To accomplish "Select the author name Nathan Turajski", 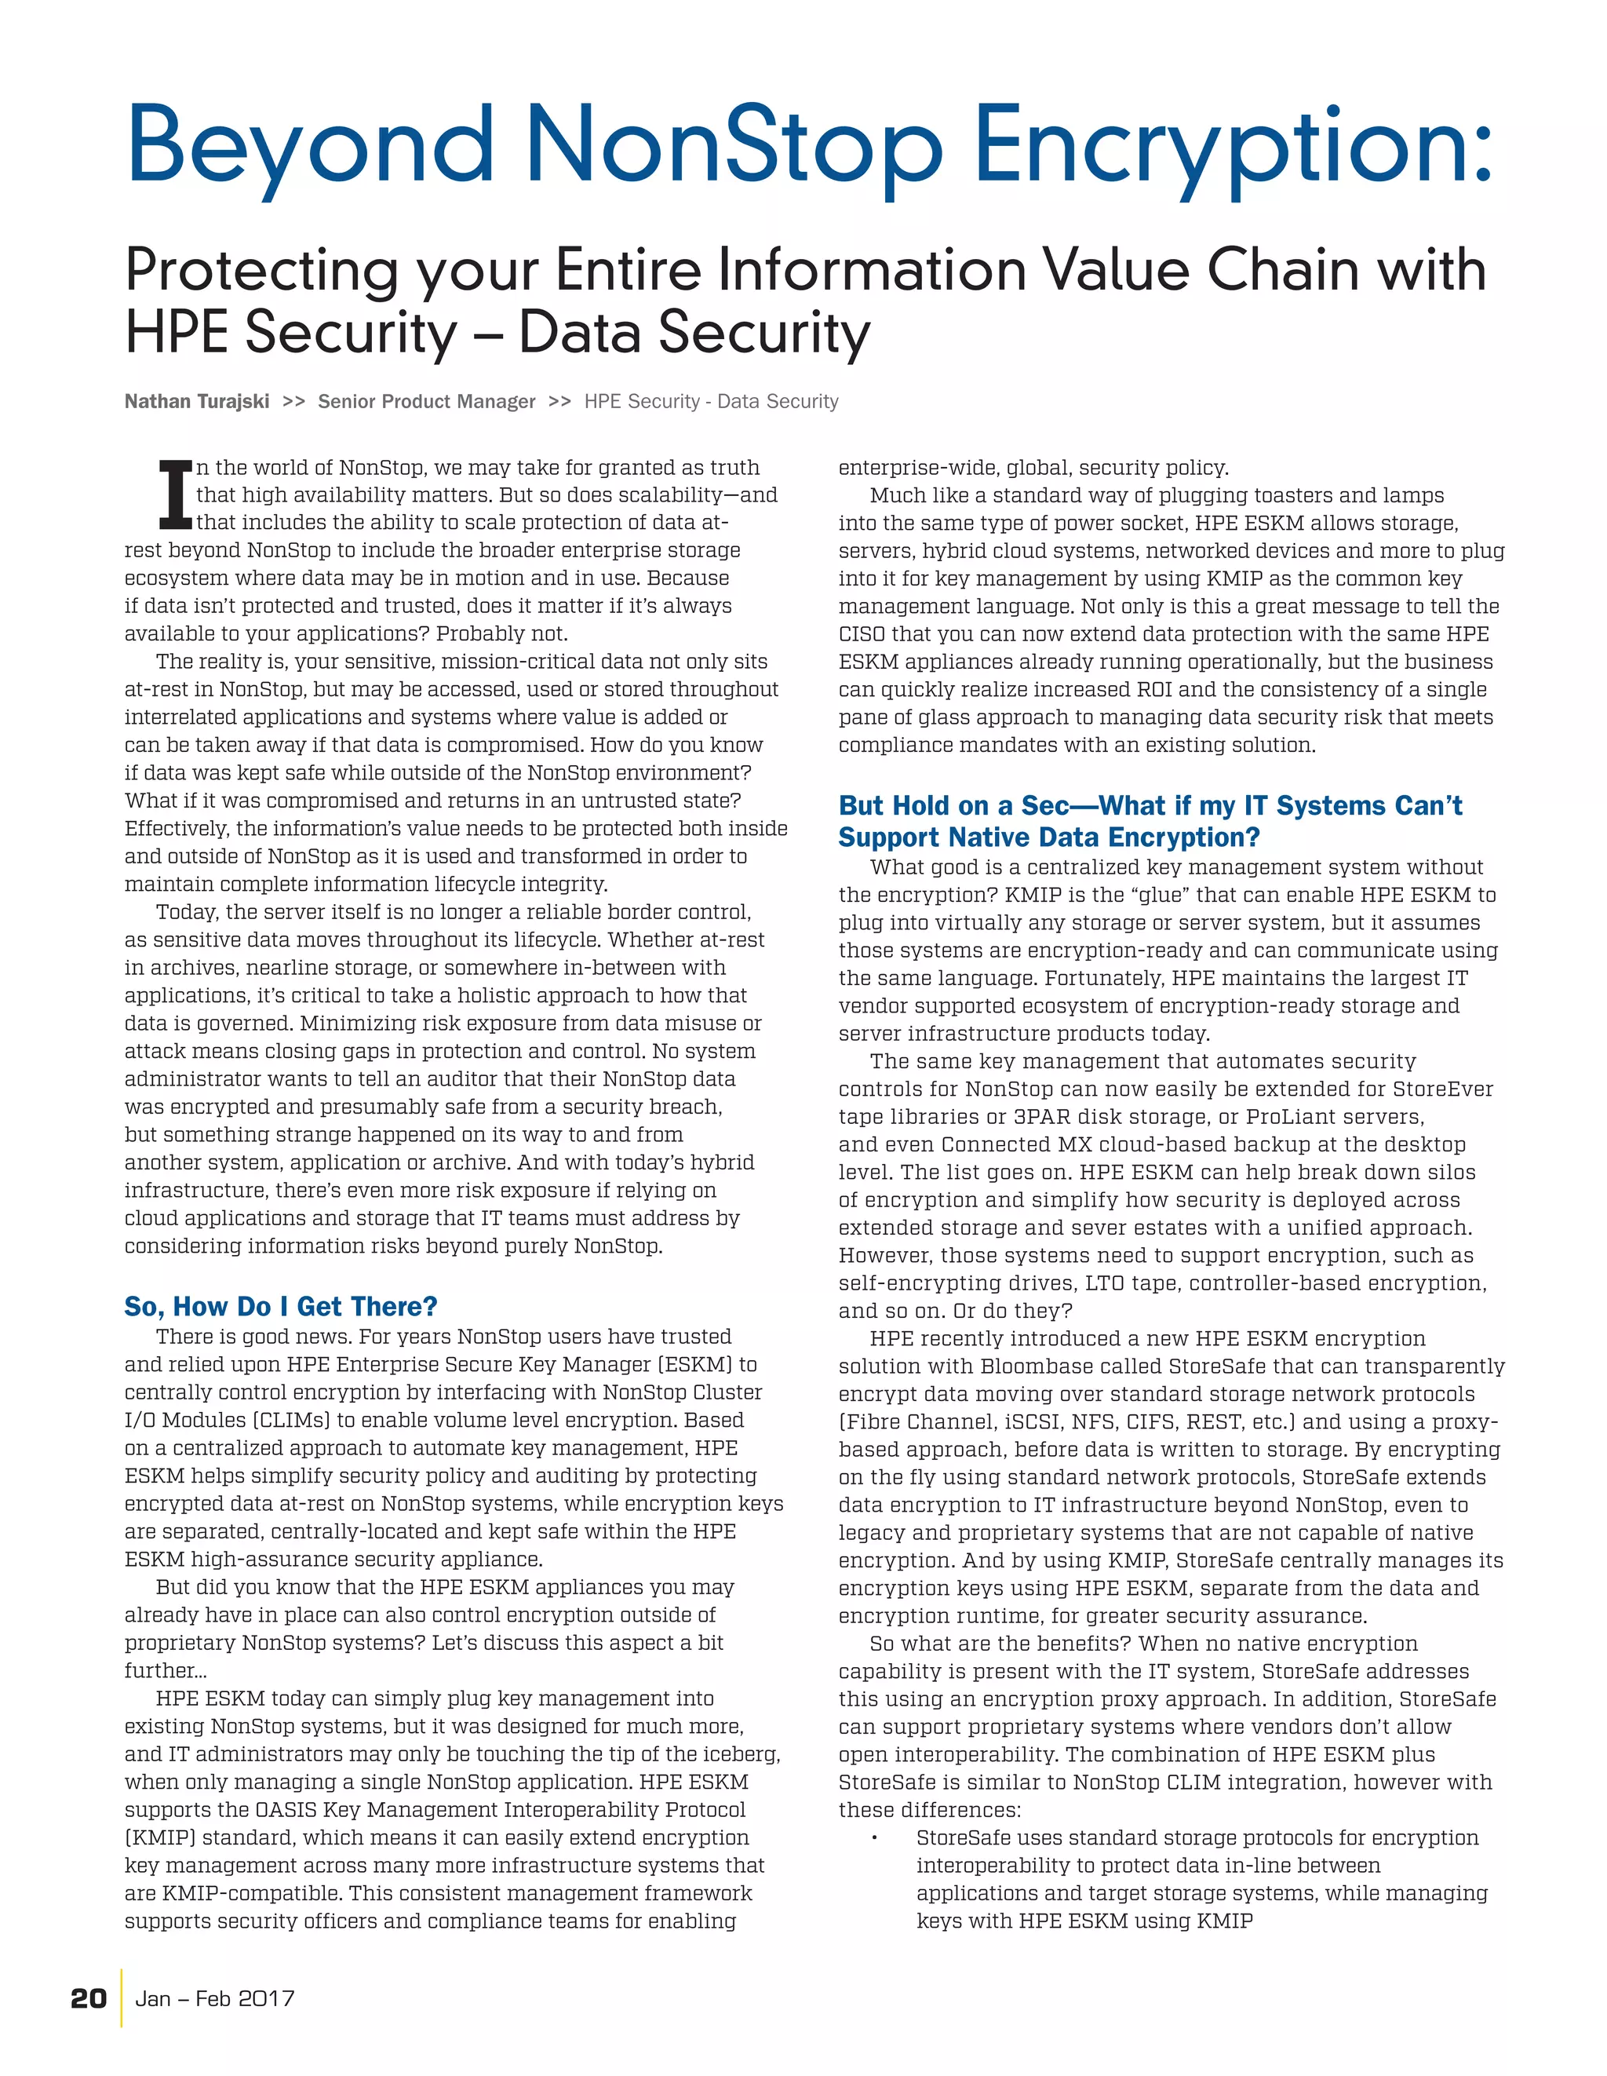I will [197, 401].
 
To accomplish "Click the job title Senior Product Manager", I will [427, 401].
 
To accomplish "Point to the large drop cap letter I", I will [175, 494].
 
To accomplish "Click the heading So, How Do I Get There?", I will [280, 1306].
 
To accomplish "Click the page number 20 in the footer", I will [89, 1998].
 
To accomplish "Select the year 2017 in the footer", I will [266, 1998].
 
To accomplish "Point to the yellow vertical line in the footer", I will [122, 1998].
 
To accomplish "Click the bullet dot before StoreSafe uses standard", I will [873, 1838].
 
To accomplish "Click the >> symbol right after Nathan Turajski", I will [293, 401].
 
